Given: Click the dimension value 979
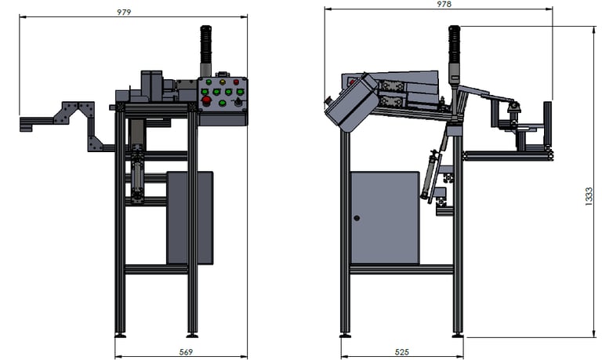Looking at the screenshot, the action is pos(124,13).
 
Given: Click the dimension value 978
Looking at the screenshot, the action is pos(444,4).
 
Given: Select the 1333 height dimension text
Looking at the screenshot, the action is pos(589,197).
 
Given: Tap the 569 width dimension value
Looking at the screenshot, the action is pos(186,352).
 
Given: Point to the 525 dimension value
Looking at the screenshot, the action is pos(402,352).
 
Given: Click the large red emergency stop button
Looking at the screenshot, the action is pos(206,100).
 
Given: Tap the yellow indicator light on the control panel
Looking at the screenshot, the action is pos(223,82).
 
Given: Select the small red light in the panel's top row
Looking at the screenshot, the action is pos(236,82).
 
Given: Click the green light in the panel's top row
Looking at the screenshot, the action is pos(209,82).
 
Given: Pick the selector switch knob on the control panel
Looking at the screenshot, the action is pos(238,102).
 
